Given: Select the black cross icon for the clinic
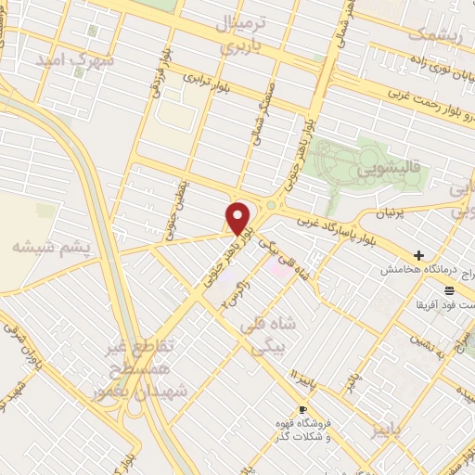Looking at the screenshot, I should point(419,254).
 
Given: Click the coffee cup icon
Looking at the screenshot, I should point(302,410).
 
